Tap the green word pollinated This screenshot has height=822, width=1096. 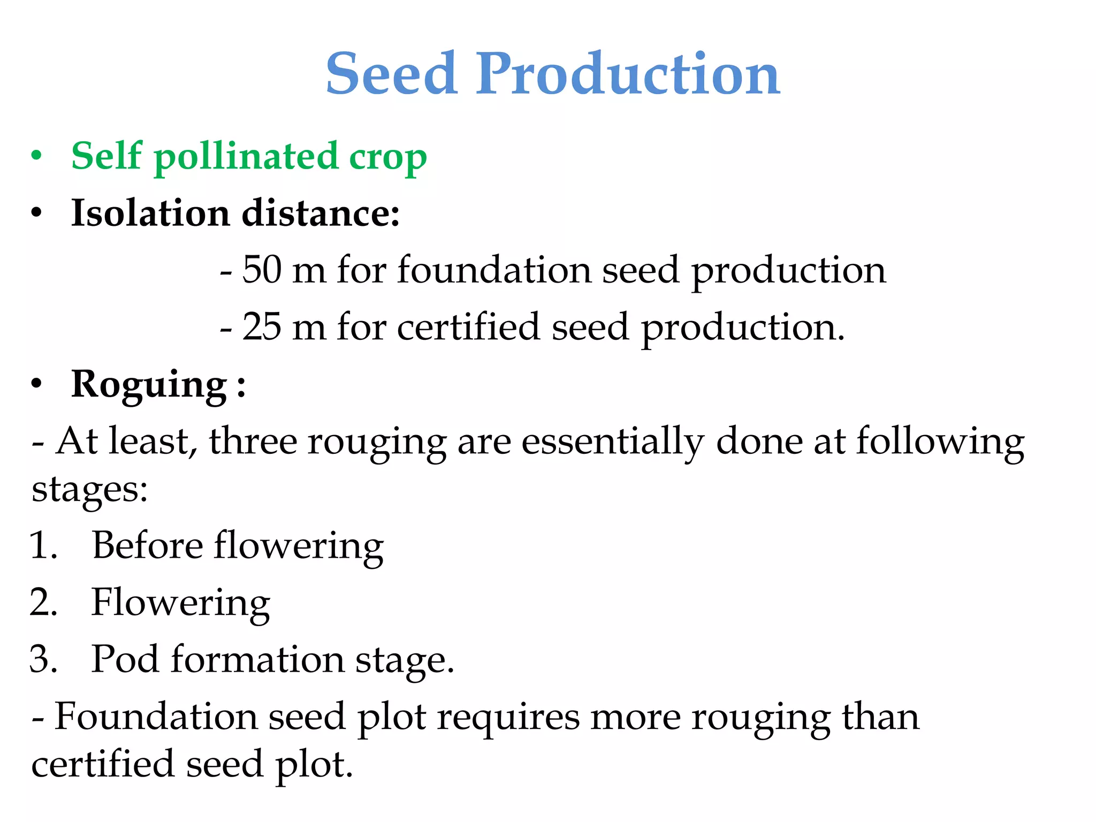click(247, 157)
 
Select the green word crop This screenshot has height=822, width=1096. click(388, 159)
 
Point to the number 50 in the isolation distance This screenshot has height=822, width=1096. click(262, 269)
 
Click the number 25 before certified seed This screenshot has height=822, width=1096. click(262, 326)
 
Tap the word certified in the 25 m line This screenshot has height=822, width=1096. click(468, 326)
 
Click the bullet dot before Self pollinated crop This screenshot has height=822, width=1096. click(36, 156)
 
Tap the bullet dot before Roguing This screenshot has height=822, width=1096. click(36, 384)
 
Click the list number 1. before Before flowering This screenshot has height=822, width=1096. click(43, 546)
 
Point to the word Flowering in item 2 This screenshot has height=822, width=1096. click(180, 603)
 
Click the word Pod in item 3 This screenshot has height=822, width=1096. click(125, 659)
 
